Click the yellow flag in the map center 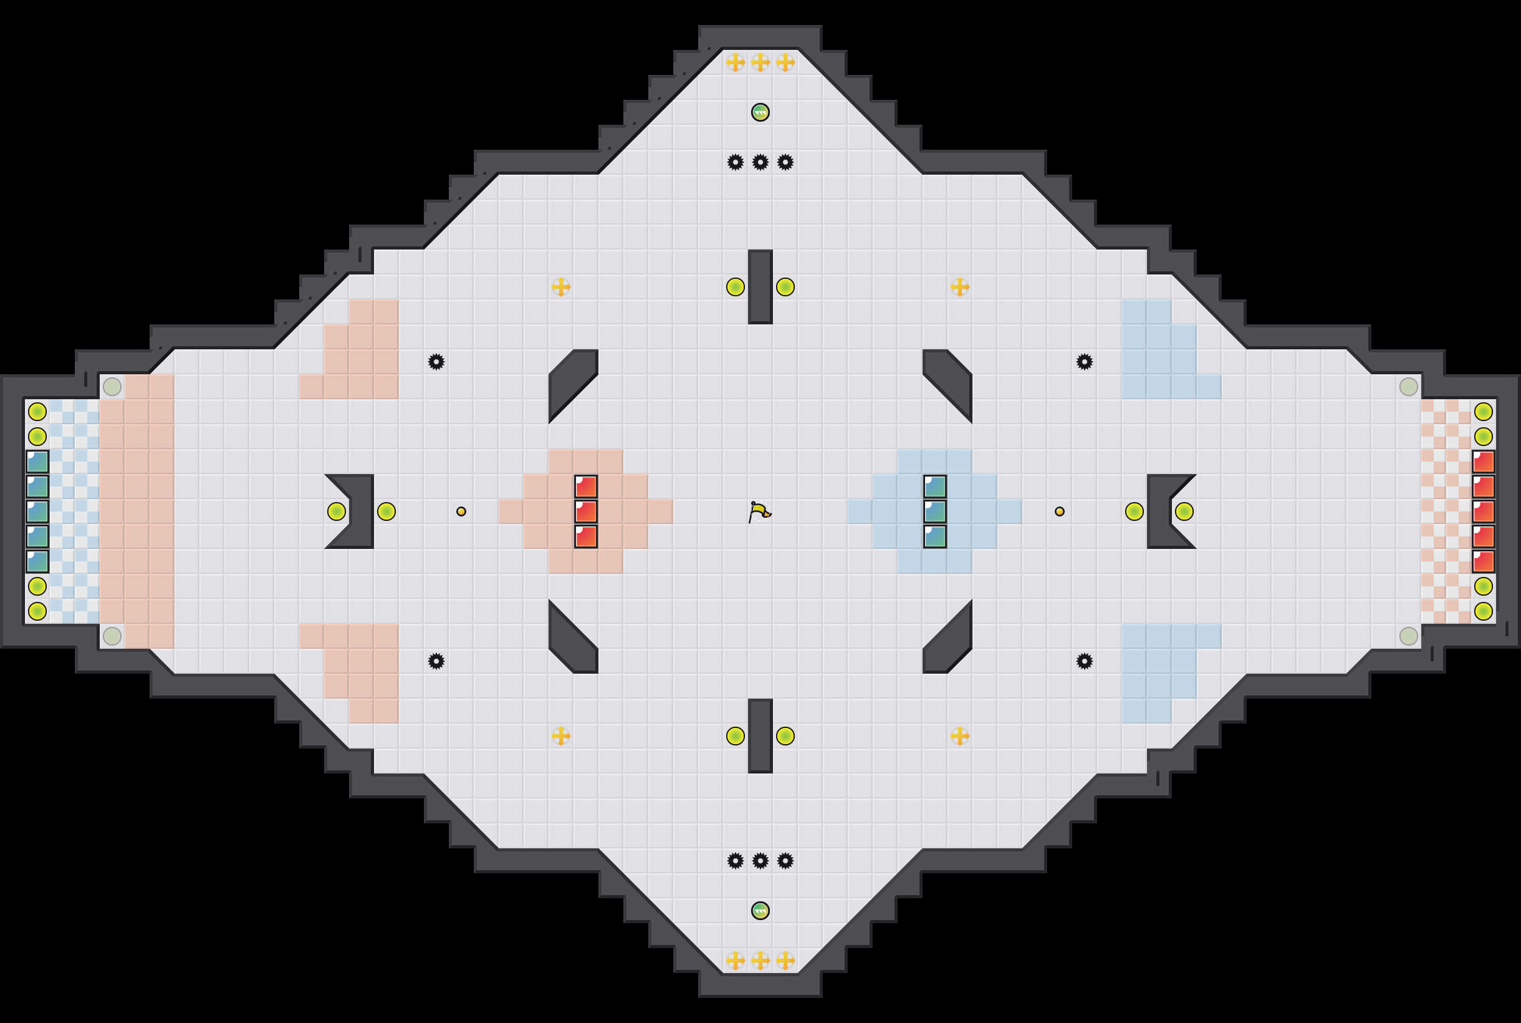[x=759, y=512]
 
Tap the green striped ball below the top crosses [x=760, y=112]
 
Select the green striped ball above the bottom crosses [x=760, y=910]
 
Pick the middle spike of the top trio [x=760, y=162]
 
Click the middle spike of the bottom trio [x=760, y=861]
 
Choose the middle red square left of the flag [x=586, y=511]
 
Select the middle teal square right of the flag [x=935, y=511]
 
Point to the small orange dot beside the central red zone [x=461, y=511]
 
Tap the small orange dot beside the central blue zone [x=1060, y=511]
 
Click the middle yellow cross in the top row [x=760, y=62]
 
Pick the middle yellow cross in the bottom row [x=760, y=961]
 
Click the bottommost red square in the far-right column [x=1483, y=561]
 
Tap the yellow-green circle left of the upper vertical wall [x=736, y=287]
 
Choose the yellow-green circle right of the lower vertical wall [x=785, y=736]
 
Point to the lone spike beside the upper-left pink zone [x=436, y=361]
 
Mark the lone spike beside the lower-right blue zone [x=1084, y=661]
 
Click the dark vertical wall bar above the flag [x=760, y=287]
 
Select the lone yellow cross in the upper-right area [x=960, y=287]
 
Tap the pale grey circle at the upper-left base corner [x=112, y=386]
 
